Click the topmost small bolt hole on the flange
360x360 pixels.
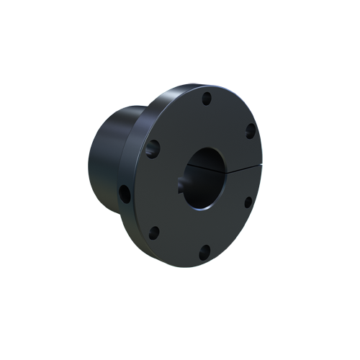(207, 96)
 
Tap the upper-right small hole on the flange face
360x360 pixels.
(250, 130)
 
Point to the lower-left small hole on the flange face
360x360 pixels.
(154, 232)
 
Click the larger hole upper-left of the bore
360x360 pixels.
(153, 148)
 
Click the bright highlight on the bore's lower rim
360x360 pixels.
(209, 206)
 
